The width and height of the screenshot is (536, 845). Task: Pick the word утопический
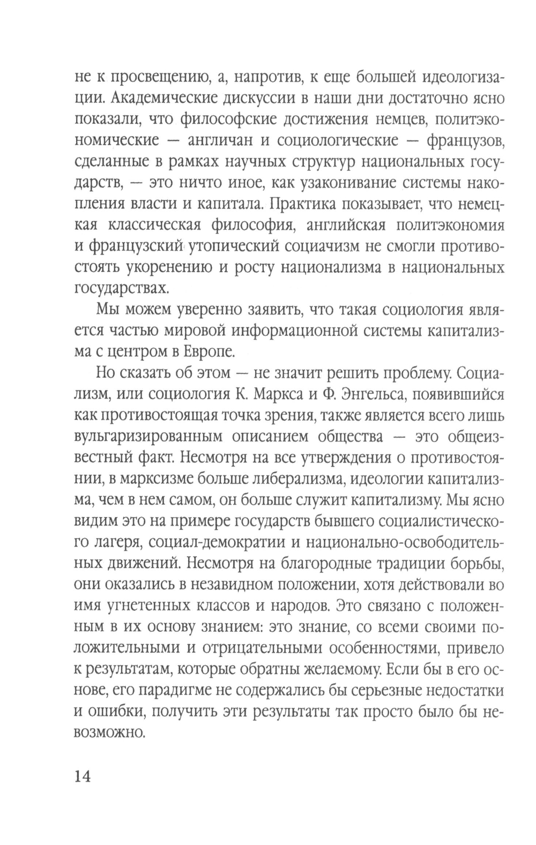click(236, 246)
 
